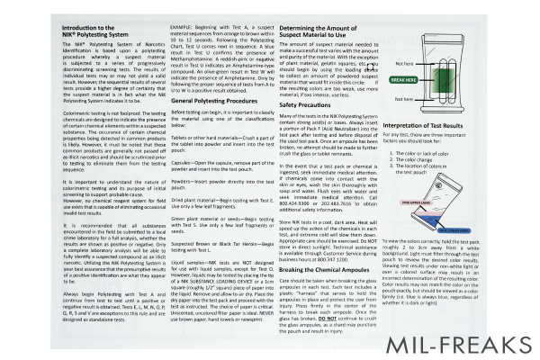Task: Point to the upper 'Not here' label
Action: [x=380, y=39]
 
